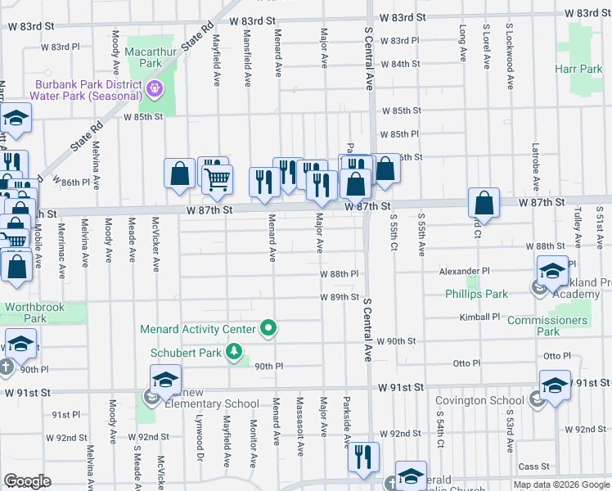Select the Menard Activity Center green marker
(x=268, y=329)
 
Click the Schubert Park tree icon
(x=235, y=353)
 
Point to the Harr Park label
(x=578, y=70)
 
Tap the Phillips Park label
(x=476, y=294)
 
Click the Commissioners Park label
(x=548, y=326)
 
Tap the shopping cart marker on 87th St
(x=217, y=179)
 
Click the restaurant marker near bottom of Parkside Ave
(x=362, y=457)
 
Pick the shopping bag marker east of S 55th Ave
(x=484, y=205)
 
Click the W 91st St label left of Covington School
(x=400, y=386)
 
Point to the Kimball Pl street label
(x=479, y=317)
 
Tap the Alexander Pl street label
(x=463, y=270)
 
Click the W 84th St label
(x=399, y=64)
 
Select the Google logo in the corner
(x=27, y=481)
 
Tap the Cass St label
(x=533, y=466)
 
